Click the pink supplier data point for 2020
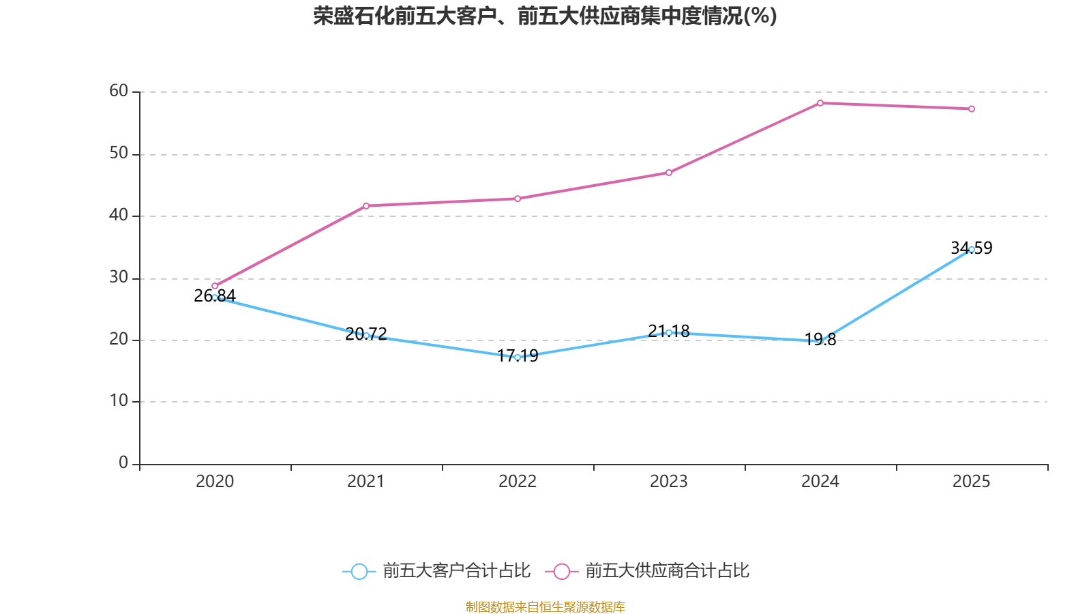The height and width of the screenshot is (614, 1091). point(215,286)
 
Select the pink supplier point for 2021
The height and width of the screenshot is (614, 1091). point(366,205)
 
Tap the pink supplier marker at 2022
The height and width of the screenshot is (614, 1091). point(518,199)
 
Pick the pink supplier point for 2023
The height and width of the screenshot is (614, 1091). point(669,173)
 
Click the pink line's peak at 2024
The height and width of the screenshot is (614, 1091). point(820,103)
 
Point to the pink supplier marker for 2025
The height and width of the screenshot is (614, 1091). point(972,108)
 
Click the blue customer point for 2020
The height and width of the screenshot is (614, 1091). point(215,297)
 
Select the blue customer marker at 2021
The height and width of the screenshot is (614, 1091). point(366,335)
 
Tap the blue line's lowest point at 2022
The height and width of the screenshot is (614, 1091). point(518,357)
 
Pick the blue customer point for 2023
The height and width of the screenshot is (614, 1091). point(669,332)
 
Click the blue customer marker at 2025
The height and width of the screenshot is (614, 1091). point(972,249)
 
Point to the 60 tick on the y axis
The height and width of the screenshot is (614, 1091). point(119,91)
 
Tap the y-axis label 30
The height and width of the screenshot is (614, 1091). point(119,277)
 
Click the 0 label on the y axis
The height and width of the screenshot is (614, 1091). point(123,463)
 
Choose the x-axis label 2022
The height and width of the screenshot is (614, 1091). point(518,482)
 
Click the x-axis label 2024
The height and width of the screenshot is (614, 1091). point(820,482)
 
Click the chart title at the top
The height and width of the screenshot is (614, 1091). point(545,16)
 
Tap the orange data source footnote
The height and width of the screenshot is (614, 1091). point(545,606)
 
